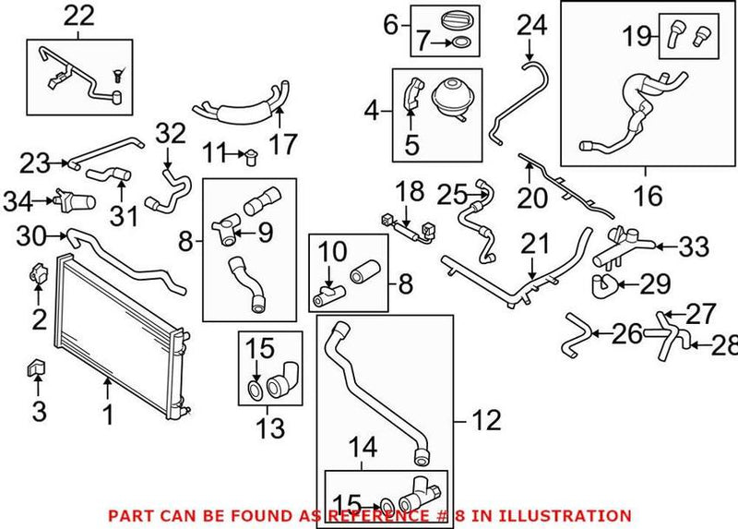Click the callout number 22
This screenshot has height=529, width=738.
tap(79, 15)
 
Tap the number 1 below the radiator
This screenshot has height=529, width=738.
tap(108, 416)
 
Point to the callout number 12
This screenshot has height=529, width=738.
tap(487, 422)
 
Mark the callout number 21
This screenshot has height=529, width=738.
tap(534, 244)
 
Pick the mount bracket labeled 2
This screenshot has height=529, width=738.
tap(38, 274)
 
